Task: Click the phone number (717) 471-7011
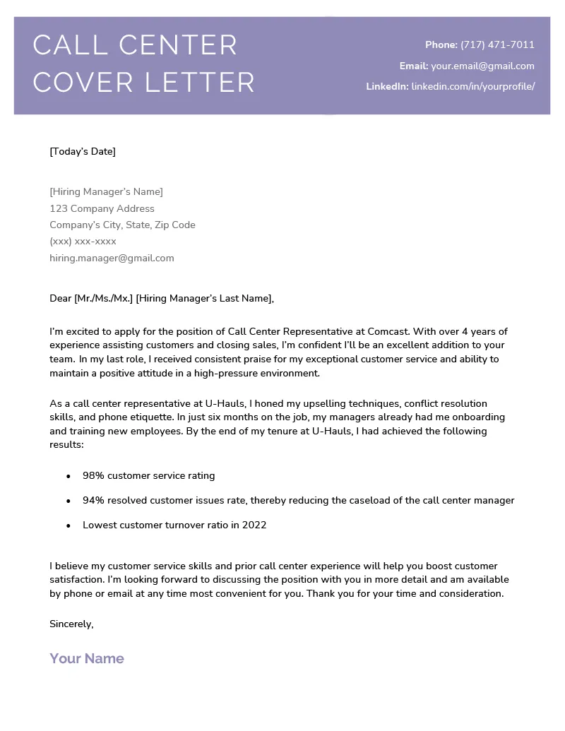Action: [x=497, y=44]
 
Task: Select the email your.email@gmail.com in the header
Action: [x=482, y=66]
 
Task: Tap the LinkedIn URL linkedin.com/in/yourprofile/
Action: [x=473, y=86]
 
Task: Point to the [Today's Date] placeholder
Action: [x=83, y=151]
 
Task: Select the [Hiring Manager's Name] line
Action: [x=106, y=191]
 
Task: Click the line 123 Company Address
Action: [x=102, y=208]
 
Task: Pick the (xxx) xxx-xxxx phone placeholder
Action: [x=83, y=242]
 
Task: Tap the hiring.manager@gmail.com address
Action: [x=112, y=258]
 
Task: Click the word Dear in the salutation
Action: [x=61, y=298]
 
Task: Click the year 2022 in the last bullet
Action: [x=254, y=525]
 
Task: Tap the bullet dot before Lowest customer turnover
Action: [x=69, y=525]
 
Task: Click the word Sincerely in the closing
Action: [x=71, y=624]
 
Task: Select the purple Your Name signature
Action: [x=87, y=658]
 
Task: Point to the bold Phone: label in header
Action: [x=441, y=44]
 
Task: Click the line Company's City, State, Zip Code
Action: [x=122, y=225]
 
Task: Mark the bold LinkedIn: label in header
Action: [x=387, y=86]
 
